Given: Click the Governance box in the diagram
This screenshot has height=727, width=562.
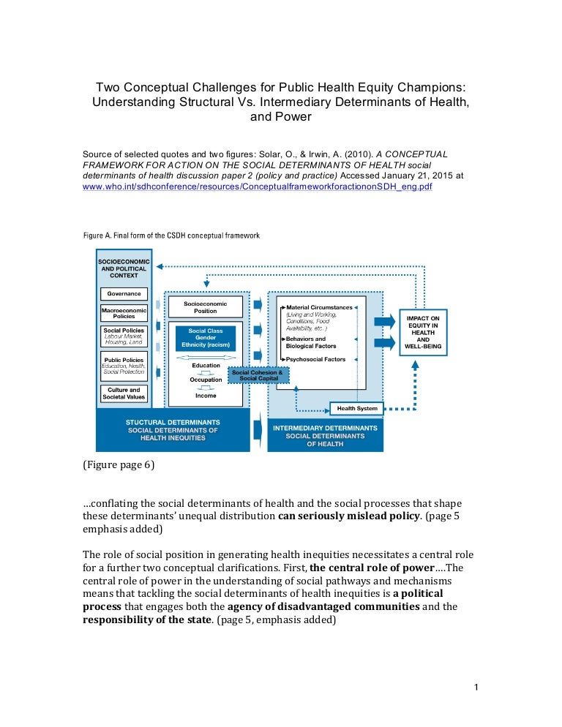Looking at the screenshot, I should point(123,293).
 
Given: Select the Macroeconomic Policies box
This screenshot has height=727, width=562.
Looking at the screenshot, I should point(123,313).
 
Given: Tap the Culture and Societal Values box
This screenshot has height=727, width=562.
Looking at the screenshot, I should point(123,394).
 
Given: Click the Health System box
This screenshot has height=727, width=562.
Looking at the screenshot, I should point(357,408).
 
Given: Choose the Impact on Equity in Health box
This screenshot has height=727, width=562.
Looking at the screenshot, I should point(423,333).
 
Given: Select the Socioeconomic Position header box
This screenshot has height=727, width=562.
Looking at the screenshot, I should point(206,306).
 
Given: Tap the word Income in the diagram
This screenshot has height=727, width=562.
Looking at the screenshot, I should point(206,396).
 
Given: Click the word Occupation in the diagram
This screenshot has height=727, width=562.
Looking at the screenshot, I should point(206,380).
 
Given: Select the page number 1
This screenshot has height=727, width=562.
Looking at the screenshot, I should point(476,687).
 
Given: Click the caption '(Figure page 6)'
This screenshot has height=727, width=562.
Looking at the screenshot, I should point(118,465).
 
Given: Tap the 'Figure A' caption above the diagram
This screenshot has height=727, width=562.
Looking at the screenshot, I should point(171,236).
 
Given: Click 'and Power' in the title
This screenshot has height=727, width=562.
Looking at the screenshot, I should point(281,116).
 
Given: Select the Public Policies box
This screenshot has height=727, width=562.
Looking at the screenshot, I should point(123,366).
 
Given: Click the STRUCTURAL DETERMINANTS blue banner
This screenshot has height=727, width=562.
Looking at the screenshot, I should point(173,430).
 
